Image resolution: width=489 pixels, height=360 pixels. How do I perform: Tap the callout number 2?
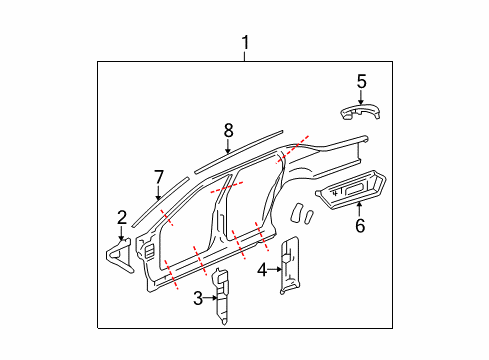pos(122,217)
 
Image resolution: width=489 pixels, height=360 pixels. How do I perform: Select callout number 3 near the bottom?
pos(199,296)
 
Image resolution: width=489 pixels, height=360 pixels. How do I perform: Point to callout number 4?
pos(261,268)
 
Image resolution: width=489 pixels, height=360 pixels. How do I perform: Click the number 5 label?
pos(362,80)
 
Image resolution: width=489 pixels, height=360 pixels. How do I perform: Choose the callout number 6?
pos(360,226)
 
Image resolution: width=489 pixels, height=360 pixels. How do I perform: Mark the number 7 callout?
pos(157,178)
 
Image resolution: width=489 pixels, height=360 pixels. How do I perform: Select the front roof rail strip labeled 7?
pos(158,205)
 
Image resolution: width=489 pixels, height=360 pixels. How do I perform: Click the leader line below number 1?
pos(244,56)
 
